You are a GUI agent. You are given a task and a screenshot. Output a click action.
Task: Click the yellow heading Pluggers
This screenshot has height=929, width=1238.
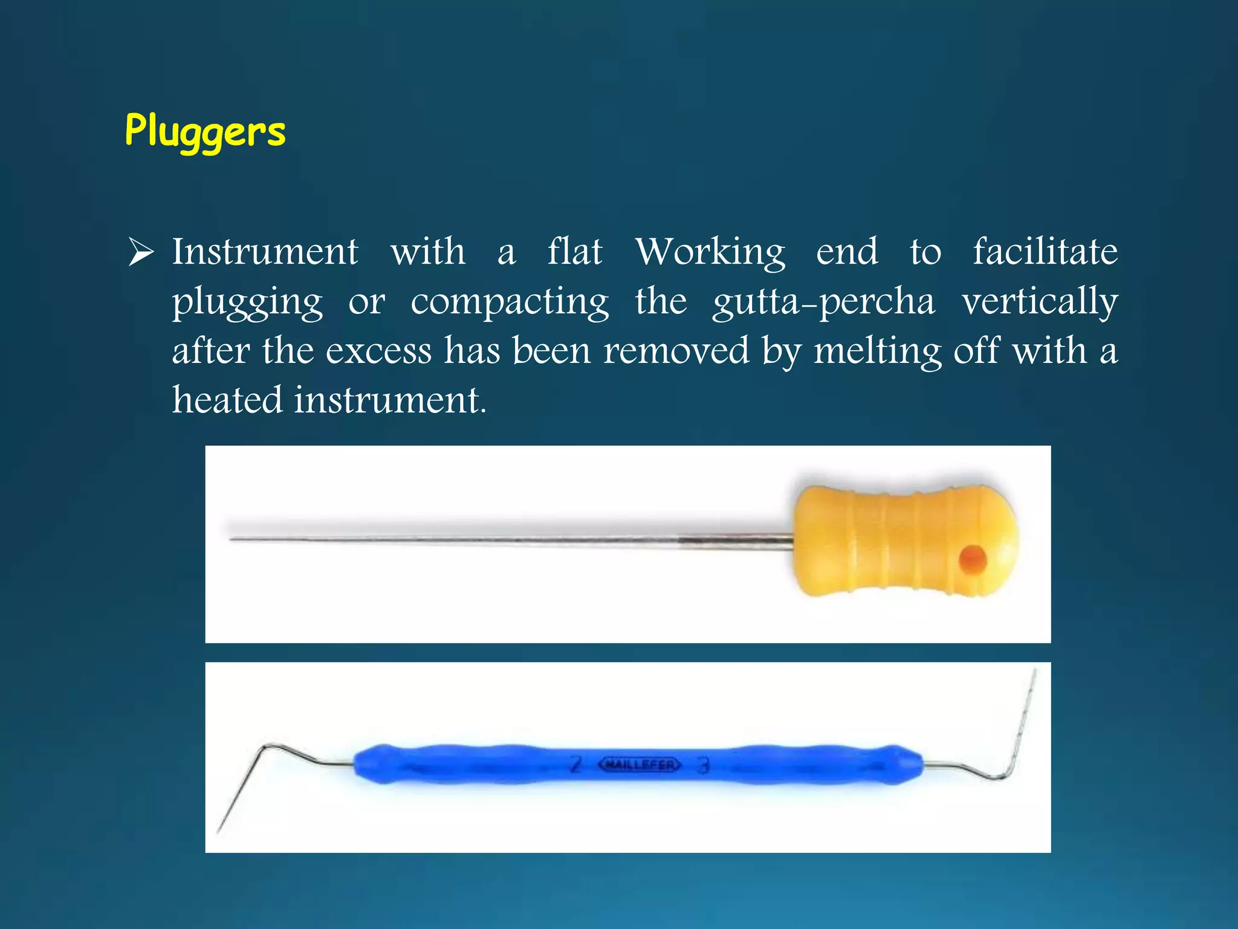pos(205,131)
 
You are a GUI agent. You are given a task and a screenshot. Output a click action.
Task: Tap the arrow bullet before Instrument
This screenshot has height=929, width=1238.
pos(141,253)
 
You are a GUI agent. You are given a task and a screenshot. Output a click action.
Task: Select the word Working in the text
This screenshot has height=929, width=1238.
pos(710,253)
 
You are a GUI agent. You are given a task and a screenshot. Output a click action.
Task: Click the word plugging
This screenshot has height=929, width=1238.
pos(247,302)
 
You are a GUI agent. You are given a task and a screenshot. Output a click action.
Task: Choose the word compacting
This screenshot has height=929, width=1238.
pos(510,302)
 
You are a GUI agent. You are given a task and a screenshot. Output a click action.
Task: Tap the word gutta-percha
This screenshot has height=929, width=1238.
pos(823,302)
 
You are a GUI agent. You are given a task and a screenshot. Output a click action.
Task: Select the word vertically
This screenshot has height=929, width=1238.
pos(1040,302)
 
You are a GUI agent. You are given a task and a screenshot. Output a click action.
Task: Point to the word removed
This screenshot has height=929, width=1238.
pos(676,351)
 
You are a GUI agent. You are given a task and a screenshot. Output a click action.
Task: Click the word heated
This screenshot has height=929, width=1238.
pos(227,400)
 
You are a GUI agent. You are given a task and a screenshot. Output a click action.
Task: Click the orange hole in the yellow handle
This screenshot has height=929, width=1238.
pos(973,559)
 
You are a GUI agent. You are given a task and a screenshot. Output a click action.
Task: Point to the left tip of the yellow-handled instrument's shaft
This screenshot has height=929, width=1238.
pos(232,538)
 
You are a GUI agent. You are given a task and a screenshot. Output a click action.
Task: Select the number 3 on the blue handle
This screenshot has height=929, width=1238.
pos(703,766)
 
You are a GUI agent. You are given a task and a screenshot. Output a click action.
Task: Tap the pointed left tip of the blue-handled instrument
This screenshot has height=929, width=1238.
pos(219,832)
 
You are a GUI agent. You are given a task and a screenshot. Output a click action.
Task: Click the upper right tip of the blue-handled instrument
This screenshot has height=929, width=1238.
pos(1035,670)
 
